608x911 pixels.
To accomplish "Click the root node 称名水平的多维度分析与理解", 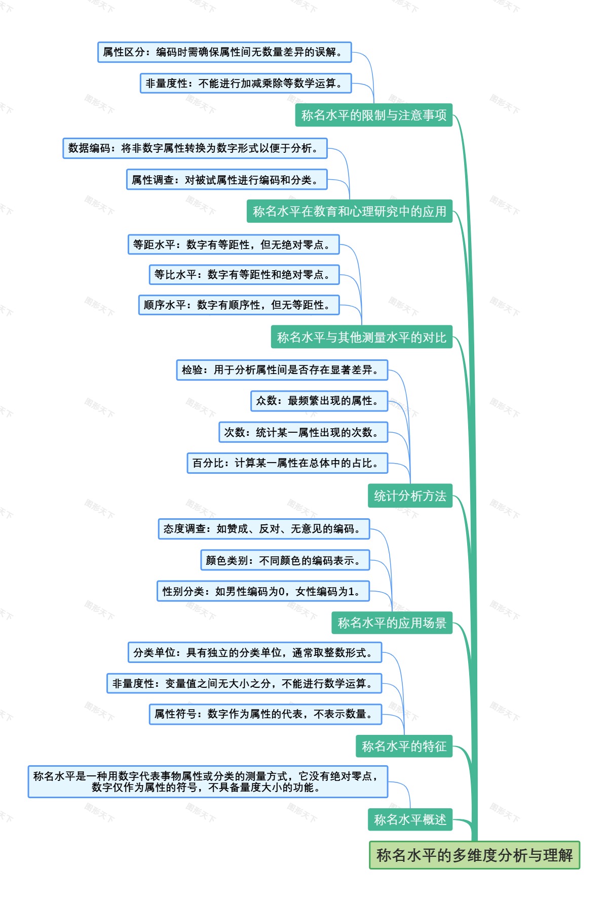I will (x=474, y=855).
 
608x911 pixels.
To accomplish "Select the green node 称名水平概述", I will (x=410, y=819).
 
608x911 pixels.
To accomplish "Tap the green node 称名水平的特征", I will (x=404, y=747).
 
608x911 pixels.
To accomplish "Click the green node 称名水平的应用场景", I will (x=392, y=623).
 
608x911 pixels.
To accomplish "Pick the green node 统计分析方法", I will (x=410, y=496).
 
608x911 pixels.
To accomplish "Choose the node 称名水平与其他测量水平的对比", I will (x=361, y=338).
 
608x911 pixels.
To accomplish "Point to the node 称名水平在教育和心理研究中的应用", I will (x=350, y=212).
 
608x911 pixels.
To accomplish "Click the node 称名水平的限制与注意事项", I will (x=373, y=115).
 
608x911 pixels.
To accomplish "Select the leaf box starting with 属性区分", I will (x=224, y=52).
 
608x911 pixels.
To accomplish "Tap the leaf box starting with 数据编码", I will (x=195, y=148).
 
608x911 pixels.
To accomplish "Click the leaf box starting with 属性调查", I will (x=226, y=180).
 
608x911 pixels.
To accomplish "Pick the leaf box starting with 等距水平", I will (x=233, y=244).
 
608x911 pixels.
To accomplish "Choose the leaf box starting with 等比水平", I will (x=244, y=275).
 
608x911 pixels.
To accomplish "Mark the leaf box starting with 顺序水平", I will (x=239, y=305).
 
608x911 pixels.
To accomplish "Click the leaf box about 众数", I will (x=319, y=401).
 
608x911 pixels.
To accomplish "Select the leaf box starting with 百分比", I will (x=287, y=463).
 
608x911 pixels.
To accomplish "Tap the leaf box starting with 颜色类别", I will (x=285, y=560).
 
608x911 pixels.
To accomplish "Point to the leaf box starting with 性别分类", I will (x=263, y=591).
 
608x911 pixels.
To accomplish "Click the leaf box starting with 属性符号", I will (x=265, y=714).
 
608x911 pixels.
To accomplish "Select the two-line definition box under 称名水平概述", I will (x=208, y=782).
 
